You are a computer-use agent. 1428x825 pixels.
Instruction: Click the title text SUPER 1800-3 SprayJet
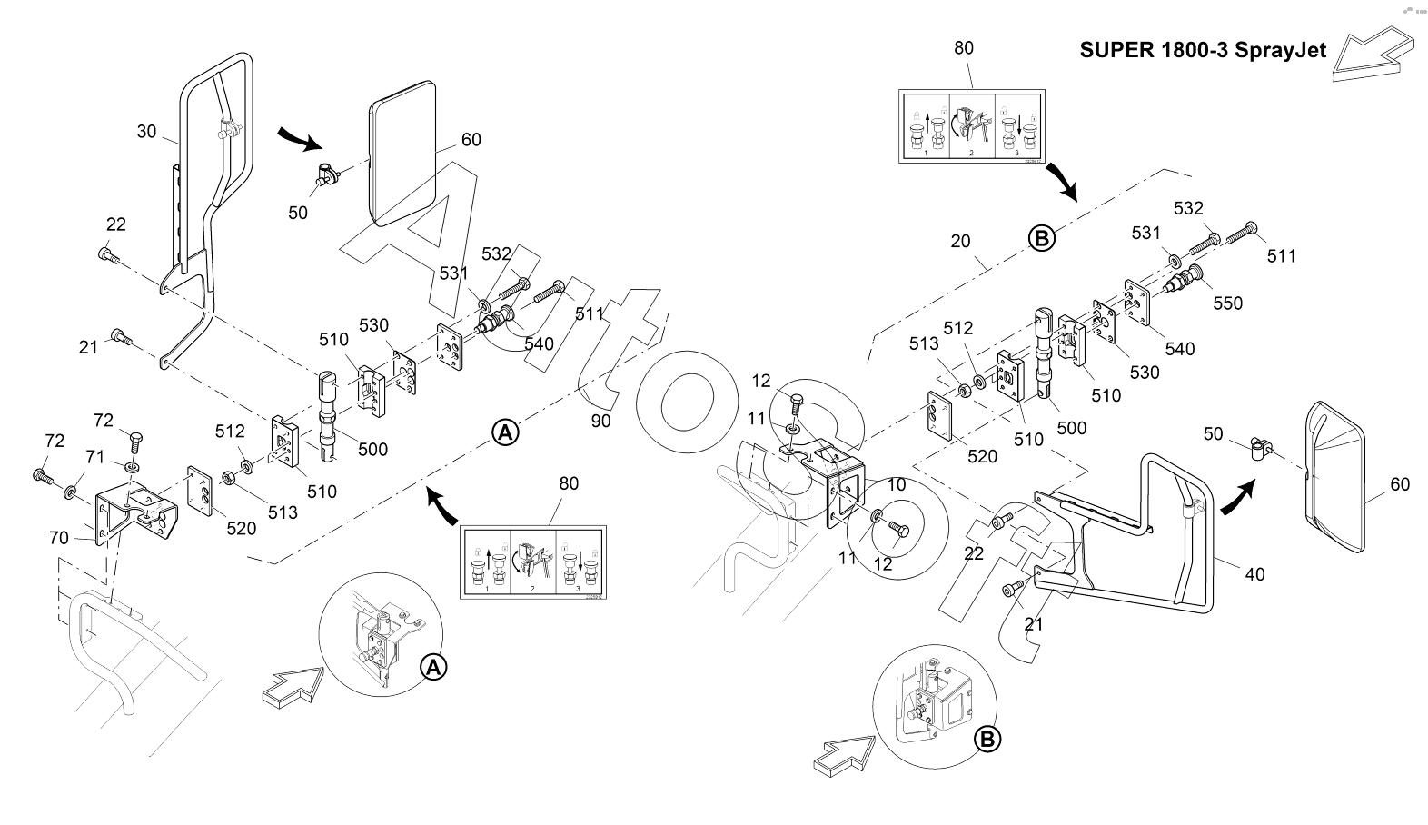tap(1203, 50)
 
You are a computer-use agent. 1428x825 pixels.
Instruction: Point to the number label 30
tap(146, 132)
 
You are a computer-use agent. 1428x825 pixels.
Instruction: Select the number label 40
tap(1254, 574)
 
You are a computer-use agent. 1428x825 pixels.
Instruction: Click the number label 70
tap(58, 538)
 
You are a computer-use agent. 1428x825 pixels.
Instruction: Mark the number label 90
tap(600, 421)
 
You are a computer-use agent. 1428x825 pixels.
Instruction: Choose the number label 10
tap(896, 484)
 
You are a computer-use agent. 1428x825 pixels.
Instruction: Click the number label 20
tap(960, 241)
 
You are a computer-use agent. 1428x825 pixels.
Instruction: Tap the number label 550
tap(1227, 303)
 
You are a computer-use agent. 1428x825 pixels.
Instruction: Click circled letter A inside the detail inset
tap(434, 668)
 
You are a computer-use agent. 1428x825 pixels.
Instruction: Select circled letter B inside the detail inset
tap(987, 740)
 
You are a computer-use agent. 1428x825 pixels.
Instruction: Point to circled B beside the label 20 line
tap(1042, 239)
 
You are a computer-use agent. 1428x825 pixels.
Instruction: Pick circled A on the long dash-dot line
tap(505, 432)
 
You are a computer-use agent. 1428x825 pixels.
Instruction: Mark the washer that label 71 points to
tap(69, 493)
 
